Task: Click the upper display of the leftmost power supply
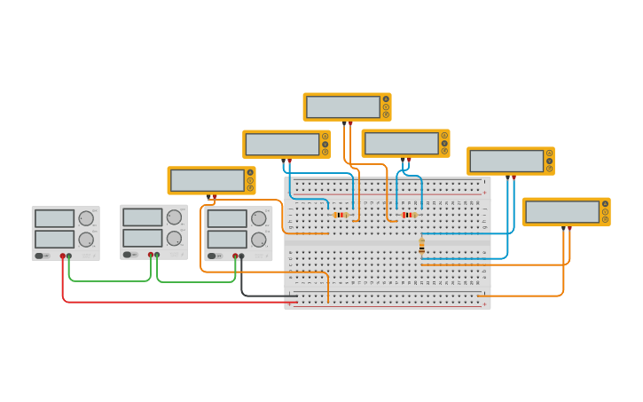coord(54,218)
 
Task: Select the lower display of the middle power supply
coord(142,238)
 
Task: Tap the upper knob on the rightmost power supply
coord(258,218)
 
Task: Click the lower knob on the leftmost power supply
coord(86,240)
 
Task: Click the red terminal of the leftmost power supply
coord(63,256)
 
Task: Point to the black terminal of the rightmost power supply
coord(242,256)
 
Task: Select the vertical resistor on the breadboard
coord(421,245)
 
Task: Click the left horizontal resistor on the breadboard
coord(340,215)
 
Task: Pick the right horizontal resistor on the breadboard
coord(407,215)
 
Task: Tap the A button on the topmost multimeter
coord(386,99)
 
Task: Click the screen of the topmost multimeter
coord(342,107)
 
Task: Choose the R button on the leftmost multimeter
coord(250,188)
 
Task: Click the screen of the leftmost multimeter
coord(207,181)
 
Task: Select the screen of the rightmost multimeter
coord(561,212)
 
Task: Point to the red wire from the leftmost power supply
coord(177,303)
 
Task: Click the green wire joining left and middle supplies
coord(111,281)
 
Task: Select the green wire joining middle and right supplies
coord(195,282)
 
